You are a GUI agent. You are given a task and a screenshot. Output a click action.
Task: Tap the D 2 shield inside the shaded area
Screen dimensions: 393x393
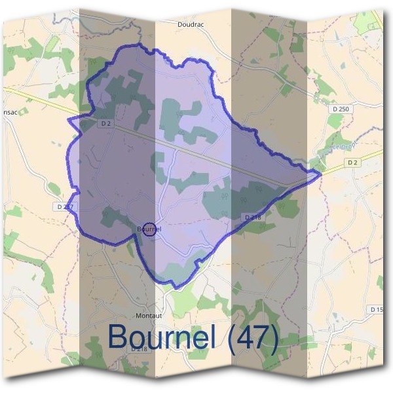[107, 123]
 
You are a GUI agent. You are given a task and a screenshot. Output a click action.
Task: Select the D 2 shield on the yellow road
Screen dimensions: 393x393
[352, 162]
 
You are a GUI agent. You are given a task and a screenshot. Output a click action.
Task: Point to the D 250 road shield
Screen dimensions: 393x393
[341, 108]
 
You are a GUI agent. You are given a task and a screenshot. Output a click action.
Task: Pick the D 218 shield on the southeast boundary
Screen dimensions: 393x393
[253, 217]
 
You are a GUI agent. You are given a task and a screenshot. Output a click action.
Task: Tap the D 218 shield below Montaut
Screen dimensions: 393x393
[139, 349]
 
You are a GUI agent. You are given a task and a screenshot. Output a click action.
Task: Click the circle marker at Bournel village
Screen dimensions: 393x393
[150, 229]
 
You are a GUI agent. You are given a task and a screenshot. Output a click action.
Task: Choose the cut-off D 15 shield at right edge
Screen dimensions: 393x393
[376, 309]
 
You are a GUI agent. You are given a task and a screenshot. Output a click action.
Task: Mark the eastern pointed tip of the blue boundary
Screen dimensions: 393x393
[320, 174]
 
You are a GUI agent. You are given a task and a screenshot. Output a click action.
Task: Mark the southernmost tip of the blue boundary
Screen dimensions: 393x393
[175, 288]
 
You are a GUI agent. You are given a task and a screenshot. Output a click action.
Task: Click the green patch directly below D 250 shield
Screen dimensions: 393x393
[335, 121]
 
